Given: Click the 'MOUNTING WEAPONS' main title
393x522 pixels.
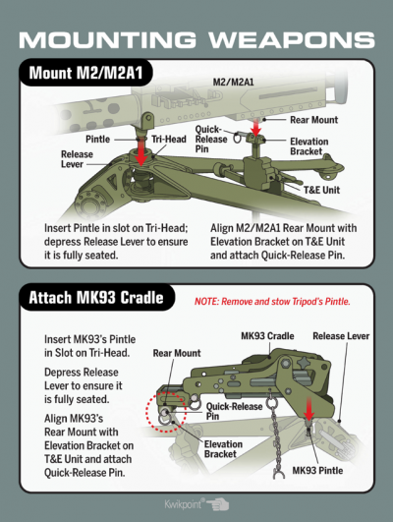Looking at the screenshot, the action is point(196,39).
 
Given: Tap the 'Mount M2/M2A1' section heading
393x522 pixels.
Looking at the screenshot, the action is point(85,73).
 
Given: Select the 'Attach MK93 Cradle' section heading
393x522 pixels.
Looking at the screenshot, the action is point(96,297).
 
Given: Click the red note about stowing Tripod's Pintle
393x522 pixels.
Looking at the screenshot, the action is point(272,302).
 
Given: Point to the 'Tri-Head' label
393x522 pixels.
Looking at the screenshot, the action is point(169,140).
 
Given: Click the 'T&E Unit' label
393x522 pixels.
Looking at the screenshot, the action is point(321,190).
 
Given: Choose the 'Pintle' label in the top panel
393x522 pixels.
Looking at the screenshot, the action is point(98,139).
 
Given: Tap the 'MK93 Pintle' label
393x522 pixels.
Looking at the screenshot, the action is point(317,471).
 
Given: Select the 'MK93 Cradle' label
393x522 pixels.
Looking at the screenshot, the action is point(267,335).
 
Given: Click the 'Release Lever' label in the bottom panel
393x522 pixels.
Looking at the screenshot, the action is point(341,336).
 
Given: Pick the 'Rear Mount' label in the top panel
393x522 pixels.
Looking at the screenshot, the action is point(313,120).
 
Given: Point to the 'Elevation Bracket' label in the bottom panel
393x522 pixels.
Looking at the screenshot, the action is point(223,449).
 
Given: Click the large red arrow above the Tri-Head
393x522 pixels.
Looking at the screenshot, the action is point(141,151).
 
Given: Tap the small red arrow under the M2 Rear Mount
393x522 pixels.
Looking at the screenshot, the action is point(255,128).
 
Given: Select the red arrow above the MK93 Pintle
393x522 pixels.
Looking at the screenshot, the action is point(309,409).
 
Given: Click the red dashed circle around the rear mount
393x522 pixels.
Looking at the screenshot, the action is point(146,413).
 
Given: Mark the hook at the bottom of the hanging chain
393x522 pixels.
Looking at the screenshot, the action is point(279,473).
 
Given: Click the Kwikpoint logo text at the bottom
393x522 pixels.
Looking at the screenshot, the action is point(184,503).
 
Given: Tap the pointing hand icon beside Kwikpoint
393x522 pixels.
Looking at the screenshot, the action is point(218,504).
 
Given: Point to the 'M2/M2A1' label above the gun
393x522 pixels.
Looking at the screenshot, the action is point(233,82).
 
